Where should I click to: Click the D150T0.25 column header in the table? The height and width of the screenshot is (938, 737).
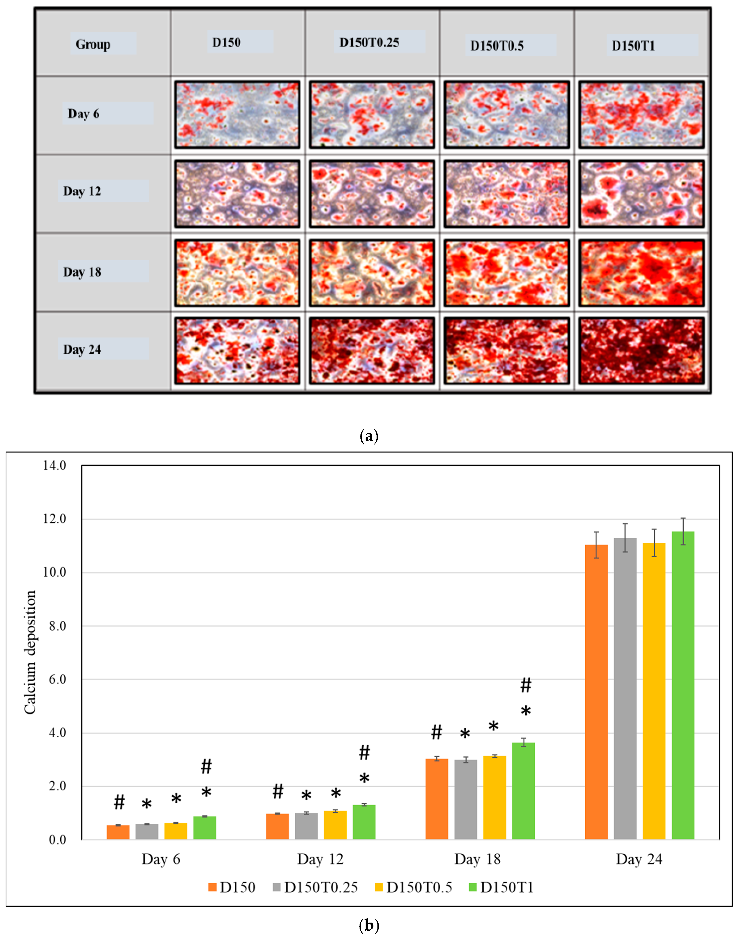pyautogui.click(x=369, y=42)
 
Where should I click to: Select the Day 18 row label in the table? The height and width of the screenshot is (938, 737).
pyautogui.click(x=82, y=272)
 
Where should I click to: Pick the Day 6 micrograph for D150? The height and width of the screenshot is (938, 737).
pyautogui.click(x=237, y=115)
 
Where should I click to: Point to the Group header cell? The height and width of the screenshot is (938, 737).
pyautogui.click(x=93, y=44)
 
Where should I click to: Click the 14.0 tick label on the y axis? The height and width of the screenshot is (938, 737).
pyautogui.click(x=54, y=465)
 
